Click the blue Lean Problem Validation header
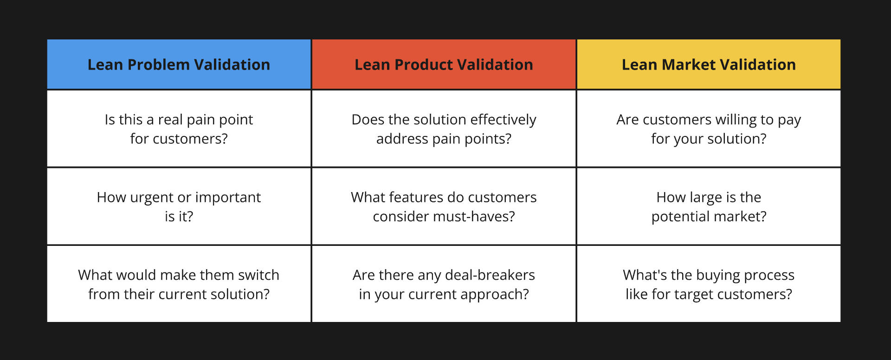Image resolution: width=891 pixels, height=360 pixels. pyautogui.click(x=179, y=64)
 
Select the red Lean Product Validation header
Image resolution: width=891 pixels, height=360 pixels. pyautogui.click(x=444, y=64)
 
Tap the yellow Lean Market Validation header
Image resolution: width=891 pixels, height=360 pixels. pyautogui.click(x=709, y=64)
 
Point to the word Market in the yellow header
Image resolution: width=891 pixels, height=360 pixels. pyautogui.click(x=689, y=65)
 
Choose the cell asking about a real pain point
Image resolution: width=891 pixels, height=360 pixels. pyautogui.click(x=179, y=129)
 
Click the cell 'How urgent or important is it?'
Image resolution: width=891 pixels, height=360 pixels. pyautogui.click(x=179, y=206)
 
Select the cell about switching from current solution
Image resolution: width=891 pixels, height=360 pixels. pyautogui.click(x=179, y=284)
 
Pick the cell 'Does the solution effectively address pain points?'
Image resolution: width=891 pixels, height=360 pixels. pyautogui.click(x=444, y=129)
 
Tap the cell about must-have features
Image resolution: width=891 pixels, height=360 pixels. pyautogui.click(x=444, y=206)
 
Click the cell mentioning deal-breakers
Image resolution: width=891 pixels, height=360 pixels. pyautogui.click(x=444, y=284)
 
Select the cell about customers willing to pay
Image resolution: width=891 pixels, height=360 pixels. pyautogui.click(x=709, y=129)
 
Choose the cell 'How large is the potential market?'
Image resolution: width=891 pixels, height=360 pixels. pyautogui.click(x=709, y=206)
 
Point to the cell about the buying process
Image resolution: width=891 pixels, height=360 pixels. pyautogui.click(x=709, y=284)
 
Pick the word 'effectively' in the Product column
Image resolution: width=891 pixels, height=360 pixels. pyautogui.click(x=503, y=120)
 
